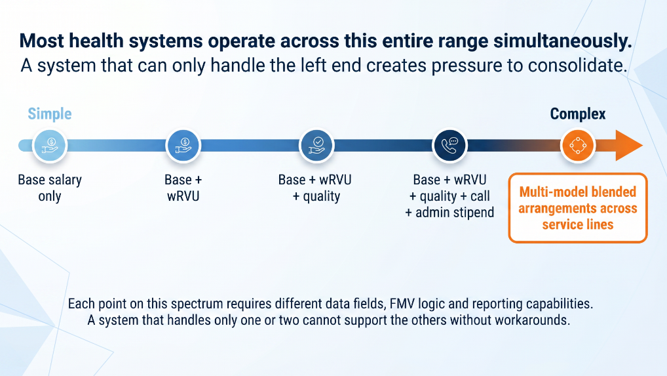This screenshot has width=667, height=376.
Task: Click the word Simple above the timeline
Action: click(50, 114)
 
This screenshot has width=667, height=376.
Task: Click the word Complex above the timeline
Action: click(578, 114)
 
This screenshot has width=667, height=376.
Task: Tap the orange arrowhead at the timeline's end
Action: click(629, 146)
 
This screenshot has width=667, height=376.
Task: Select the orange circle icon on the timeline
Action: click(578, 146)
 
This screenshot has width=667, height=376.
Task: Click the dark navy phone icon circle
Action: click(449, 146)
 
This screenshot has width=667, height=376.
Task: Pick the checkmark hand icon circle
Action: click(316, 146)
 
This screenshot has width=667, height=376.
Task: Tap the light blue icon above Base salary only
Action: click(50, 146)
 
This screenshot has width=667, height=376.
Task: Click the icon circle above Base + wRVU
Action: click(183, 146)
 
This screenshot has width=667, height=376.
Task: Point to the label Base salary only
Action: click(50, 188)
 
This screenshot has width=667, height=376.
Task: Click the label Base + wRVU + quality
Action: click(315, 188)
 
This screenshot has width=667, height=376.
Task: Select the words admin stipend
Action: click(455, 213)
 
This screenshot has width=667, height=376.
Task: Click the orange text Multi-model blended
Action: click(578, 192)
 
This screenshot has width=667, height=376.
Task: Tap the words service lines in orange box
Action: click(578, 224)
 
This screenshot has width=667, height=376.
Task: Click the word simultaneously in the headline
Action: click(563, 41)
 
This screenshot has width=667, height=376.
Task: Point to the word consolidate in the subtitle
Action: click(578, 66)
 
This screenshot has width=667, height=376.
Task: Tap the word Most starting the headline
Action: click(42, 41)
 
